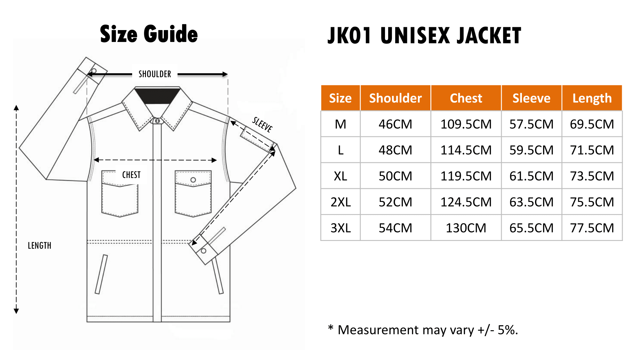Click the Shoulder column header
point(395,98)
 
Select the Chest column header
point(466,98)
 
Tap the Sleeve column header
point(531,98)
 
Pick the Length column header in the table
point(592,98)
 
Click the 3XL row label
point(340,228)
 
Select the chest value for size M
point(466,124)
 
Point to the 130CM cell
point(466,228)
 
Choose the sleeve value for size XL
point(531,176)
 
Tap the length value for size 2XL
point(592,202)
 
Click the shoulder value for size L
point(395,150)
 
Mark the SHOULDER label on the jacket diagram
point(155,74)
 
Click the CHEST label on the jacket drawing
point(131,175)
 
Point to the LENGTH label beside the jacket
point(39,245)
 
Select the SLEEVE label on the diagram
point(262,124)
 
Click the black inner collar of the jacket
point(157,96)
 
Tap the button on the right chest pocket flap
point(193,180)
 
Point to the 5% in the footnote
point(508,330)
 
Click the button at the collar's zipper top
point(157,121)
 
